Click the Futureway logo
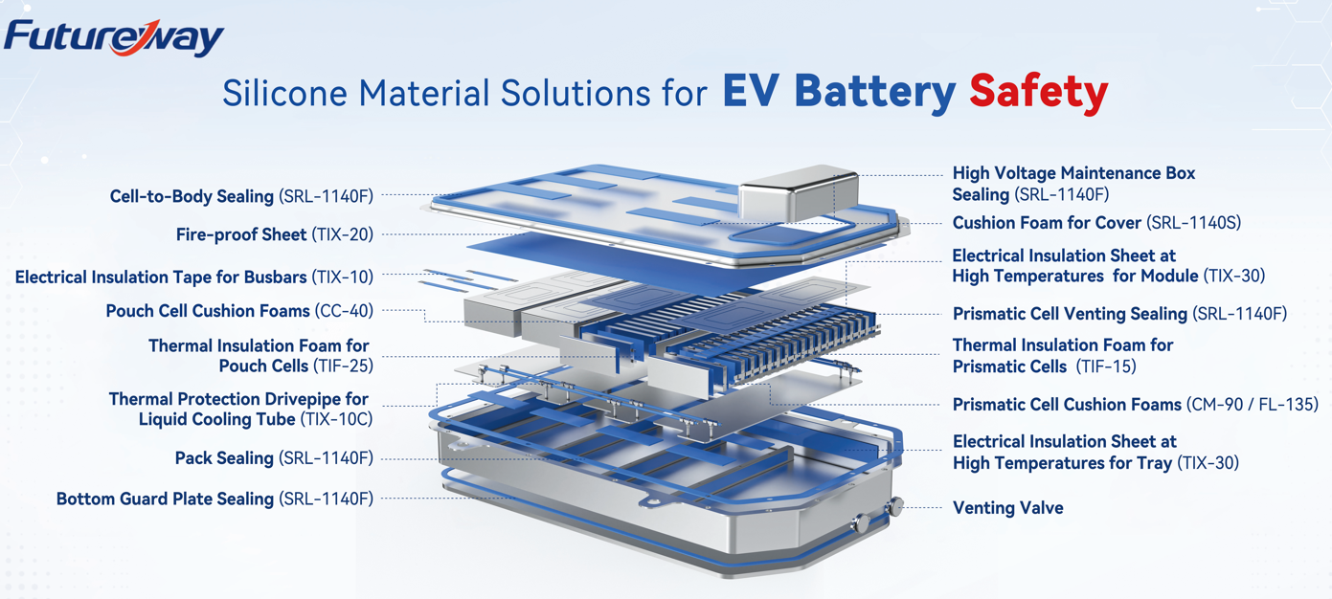pos(113,37)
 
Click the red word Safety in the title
pos(1038,92)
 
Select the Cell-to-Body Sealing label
pos(241,196)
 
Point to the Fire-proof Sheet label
pos(275,234)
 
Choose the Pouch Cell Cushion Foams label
pos(239,311)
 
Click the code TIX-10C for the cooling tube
pos(336,419)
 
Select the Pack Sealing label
pos(274,458)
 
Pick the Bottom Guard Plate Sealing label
pos(214,499)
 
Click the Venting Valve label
pos(1007,508)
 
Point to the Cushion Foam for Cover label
pos(1096,223)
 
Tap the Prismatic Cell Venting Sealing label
pos(1119,314)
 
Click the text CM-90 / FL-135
pos(1252,405)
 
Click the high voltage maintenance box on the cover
pos(798,190)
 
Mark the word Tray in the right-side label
pos(1152,463)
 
